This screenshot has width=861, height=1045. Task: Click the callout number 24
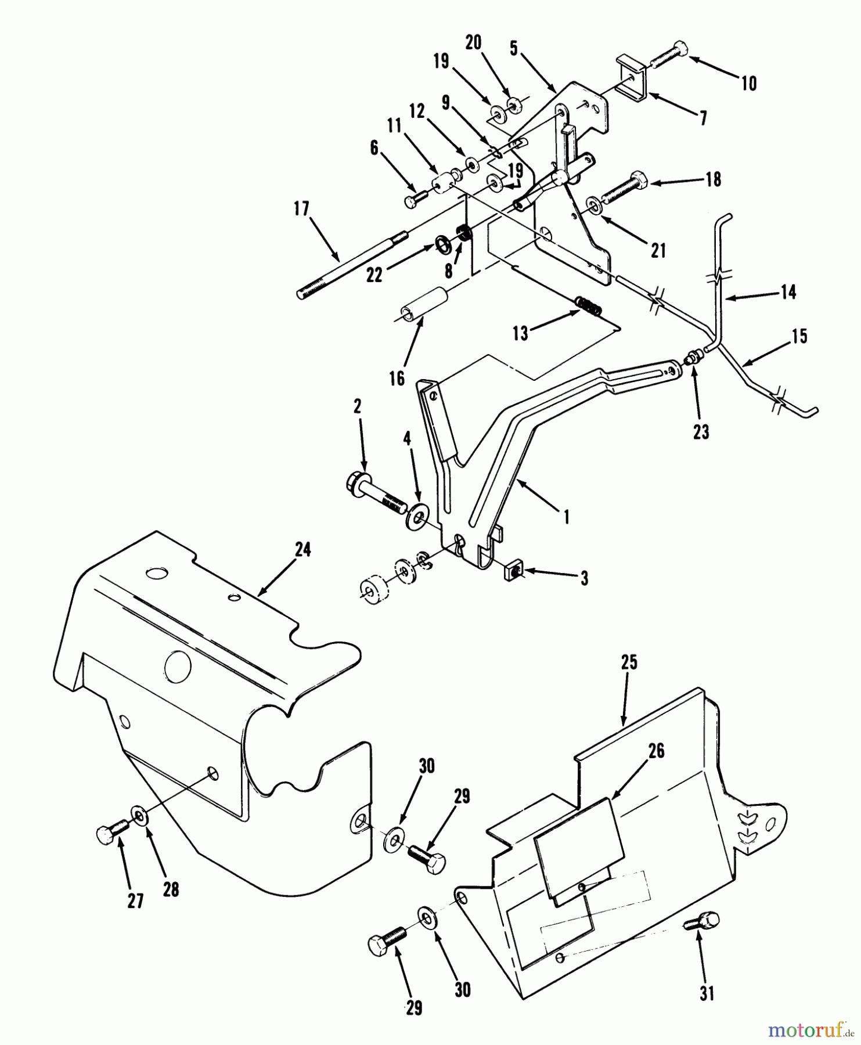(302, 549)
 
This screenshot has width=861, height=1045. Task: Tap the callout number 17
(301, 209)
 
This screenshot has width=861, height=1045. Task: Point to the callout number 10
(750, 84)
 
